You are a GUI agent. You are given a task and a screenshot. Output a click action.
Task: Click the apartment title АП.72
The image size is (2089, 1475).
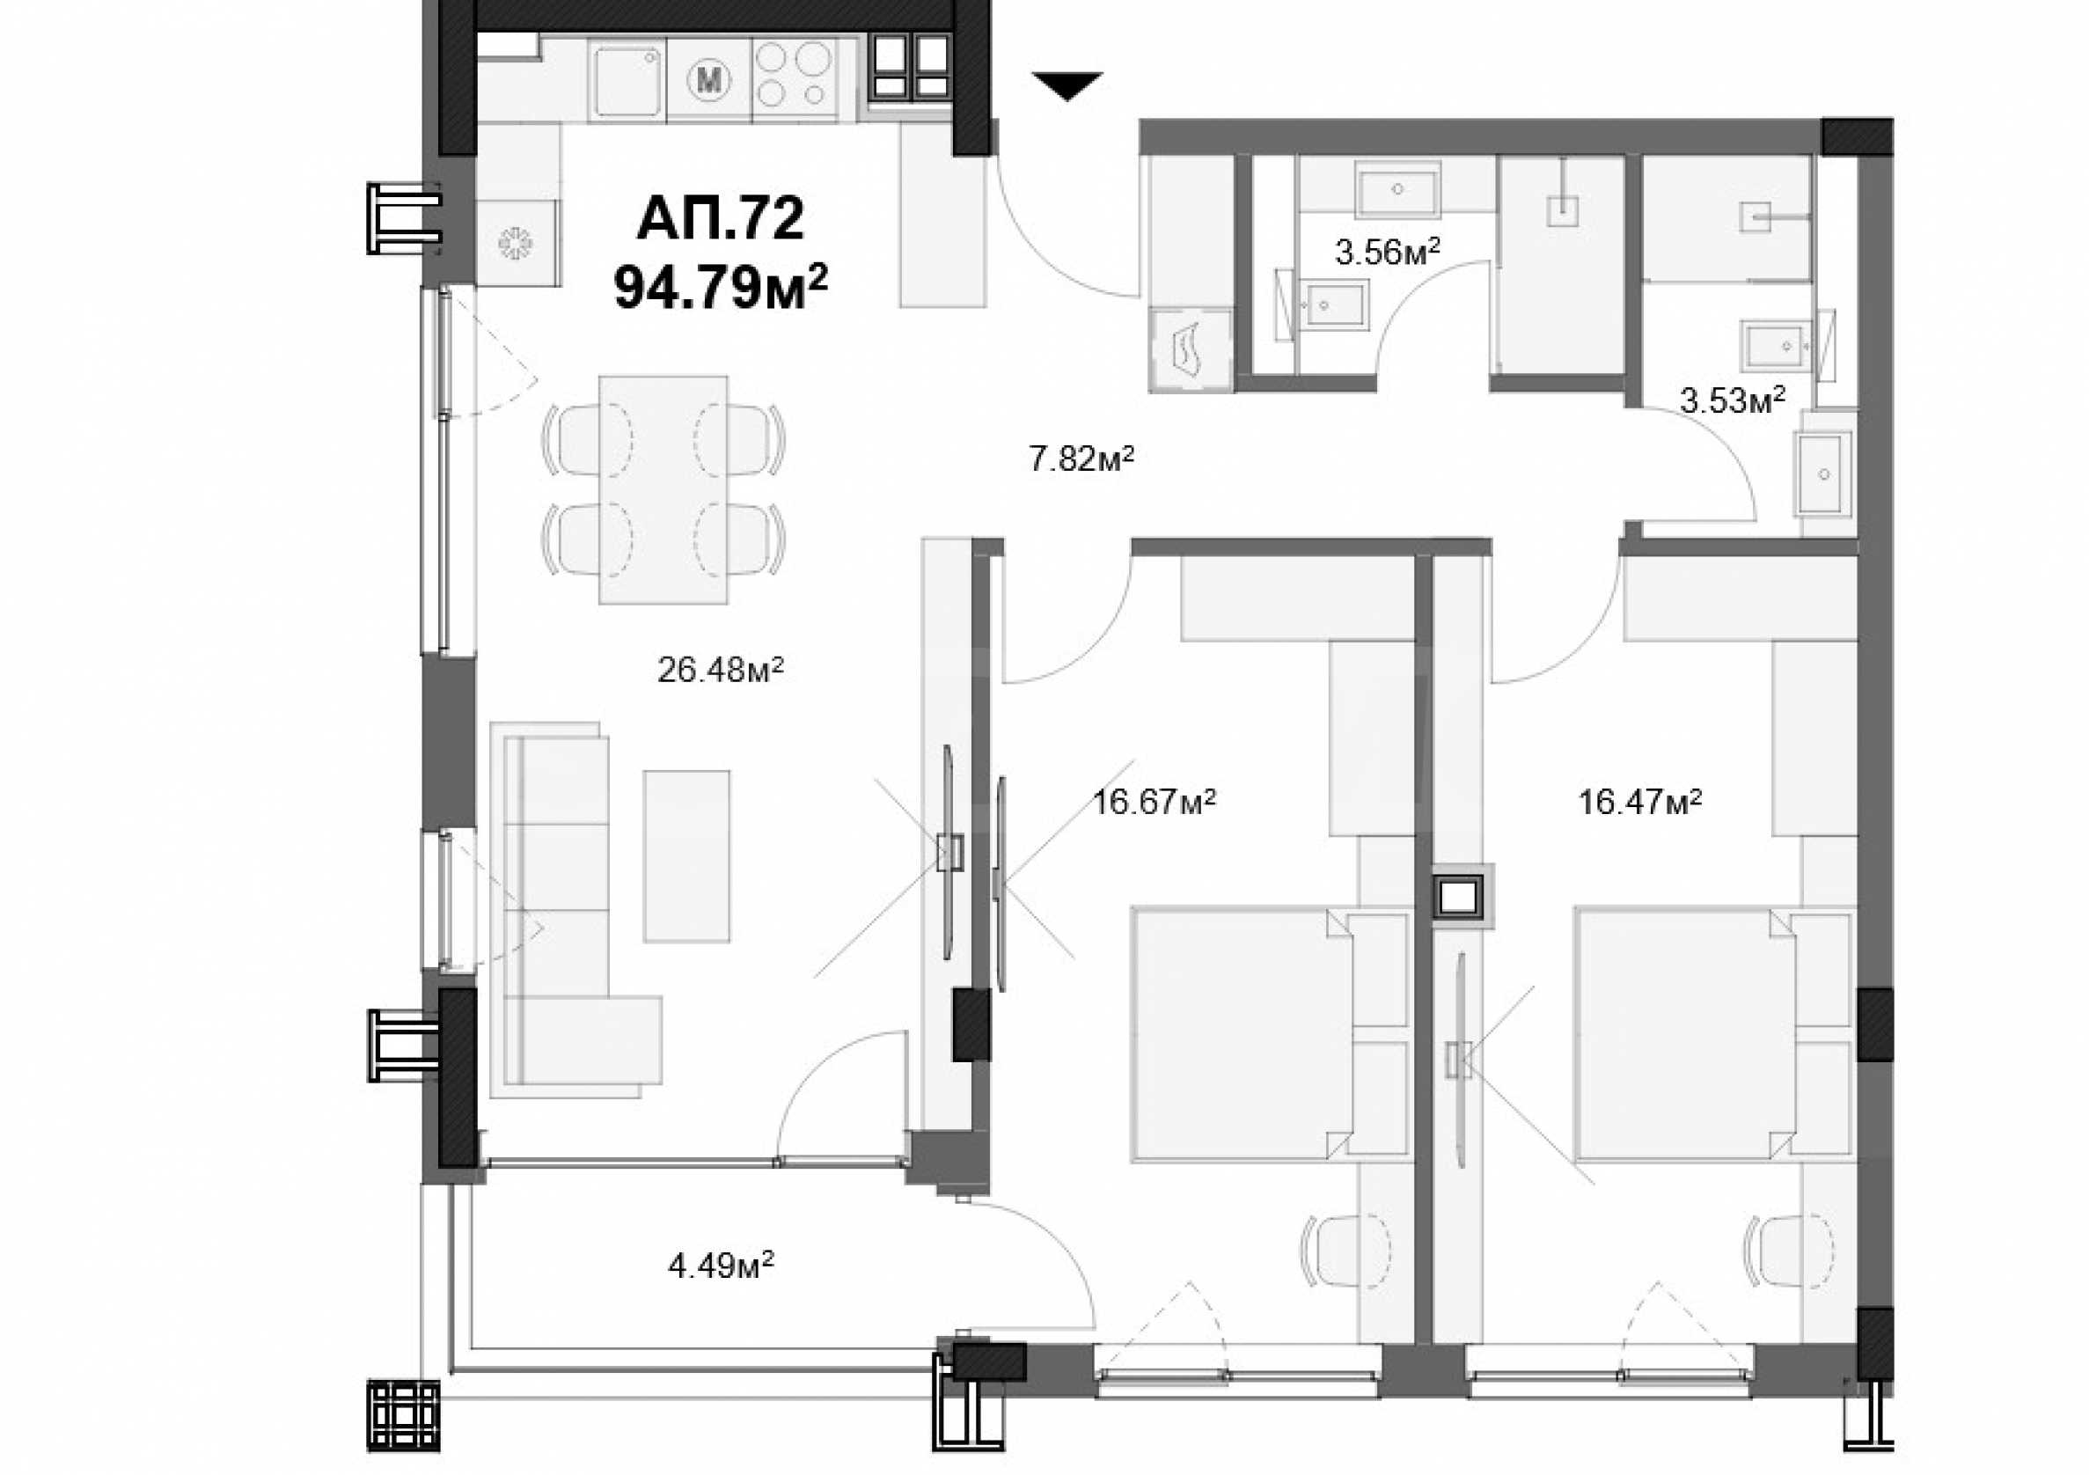722,218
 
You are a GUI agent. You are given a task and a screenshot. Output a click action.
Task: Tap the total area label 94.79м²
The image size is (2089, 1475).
721,287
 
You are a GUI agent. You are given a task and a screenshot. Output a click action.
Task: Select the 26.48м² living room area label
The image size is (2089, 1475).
721,670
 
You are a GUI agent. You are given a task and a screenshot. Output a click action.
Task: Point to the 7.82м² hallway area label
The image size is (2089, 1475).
1081,458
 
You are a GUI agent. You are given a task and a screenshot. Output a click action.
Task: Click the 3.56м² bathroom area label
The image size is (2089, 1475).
1388,250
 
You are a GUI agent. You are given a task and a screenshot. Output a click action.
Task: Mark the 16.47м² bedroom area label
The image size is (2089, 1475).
1639,801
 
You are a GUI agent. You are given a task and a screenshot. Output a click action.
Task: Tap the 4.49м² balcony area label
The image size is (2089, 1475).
721,1264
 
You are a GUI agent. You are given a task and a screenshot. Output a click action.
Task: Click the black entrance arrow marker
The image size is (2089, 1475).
1067,84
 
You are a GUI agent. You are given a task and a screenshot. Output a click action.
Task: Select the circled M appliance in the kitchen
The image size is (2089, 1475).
708,80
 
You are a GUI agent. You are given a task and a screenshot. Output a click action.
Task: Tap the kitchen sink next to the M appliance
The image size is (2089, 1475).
627,81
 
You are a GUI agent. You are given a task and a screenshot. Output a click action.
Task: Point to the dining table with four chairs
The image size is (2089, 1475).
663,489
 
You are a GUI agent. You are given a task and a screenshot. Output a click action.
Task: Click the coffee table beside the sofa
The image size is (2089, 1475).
687,856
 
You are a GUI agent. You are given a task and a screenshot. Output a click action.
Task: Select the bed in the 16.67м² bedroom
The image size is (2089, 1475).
1269,1035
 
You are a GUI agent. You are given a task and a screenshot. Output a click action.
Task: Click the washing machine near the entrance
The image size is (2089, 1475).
1191,351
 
